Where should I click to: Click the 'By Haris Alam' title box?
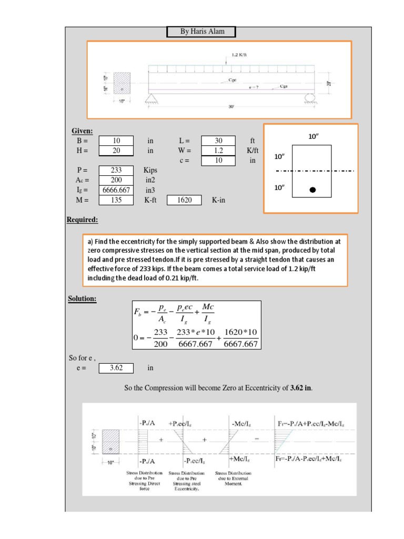(x=201, y=32)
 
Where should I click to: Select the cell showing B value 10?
(x=117, y=141)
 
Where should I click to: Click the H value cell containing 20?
(x=117, y=151)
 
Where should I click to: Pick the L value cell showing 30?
(x=219, y=141)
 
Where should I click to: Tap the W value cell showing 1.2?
(x=219, y=151)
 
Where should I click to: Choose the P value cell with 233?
(x=117, y=171)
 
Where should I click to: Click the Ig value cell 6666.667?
(x=117, y=190)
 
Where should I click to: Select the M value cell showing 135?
(x=117, y=200)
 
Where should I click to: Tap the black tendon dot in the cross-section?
(x=313, y=190)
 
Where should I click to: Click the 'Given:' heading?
(x=83, y=131)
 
